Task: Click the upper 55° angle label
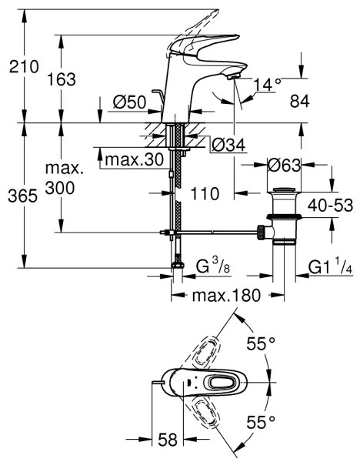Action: pos(262,344)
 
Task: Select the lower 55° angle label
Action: pos(262,421)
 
